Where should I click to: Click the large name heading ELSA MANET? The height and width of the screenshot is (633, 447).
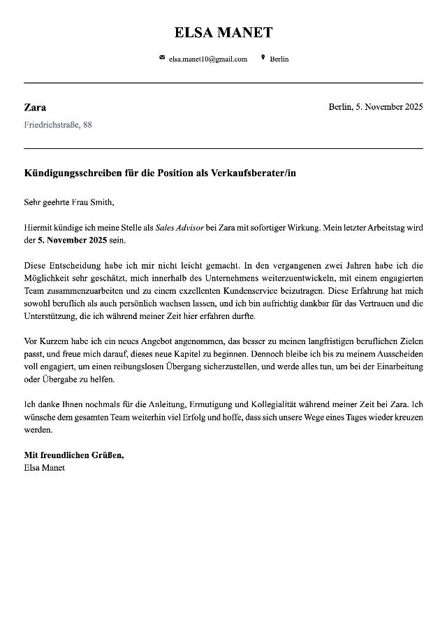[223, 32]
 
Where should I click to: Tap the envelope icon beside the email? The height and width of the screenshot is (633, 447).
[162, 58]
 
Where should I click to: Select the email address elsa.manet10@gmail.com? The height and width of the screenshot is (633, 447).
[208, 59]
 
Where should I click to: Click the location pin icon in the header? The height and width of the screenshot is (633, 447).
[263, 58]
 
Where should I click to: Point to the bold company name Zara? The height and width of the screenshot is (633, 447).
[35, 108]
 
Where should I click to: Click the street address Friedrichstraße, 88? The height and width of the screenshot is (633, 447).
[58, 125]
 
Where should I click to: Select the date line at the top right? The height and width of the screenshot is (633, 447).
[375, 107]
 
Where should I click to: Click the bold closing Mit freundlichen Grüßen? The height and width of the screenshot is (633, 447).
[74, 455]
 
